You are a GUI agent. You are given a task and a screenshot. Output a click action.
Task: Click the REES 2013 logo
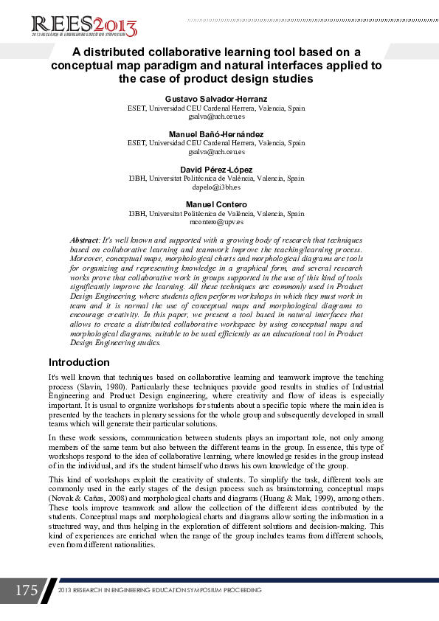[84, 25]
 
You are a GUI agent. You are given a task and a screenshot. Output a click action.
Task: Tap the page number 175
[26, 591]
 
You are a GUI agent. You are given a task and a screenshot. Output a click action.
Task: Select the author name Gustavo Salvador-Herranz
[216, 98]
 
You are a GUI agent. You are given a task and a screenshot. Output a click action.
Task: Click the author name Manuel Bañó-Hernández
[216, 134]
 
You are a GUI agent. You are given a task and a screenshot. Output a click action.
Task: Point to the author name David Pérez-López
[216, 170]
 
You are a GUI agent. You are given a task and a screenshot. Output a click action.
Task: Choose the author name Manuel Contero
[216, 204]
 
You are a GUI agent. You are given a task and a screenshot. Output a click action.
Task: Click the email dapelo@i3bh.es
[216, 187]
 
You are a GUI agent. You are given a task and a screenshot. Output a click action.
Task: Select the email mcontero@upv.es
[216, 222]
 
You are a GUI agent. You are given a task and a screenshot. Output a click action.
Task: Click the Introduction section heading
[79, 362]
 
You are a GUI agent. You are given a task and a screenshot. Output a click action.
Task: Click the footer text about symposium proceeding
[159, 591]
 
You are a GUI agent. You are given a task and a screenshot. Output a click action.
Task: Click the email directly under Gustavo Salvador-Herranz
[216, 116]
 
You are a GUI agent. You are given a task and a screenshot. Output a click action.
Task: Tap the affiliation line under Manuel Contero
[216, 213]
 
